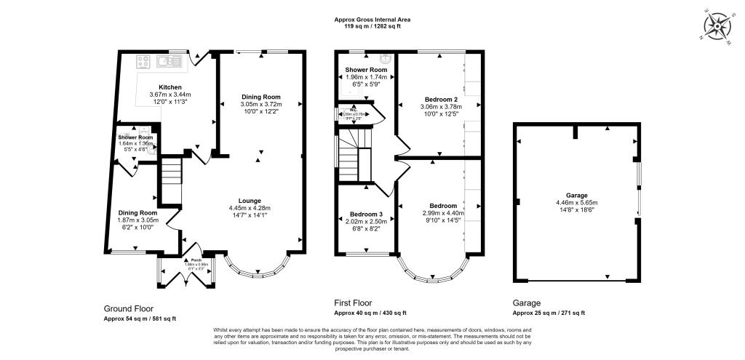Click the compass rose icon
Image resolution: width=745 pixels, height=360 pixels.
click(720, 26)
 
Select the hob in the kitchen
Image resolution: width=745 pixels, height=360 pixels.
click(144, 63)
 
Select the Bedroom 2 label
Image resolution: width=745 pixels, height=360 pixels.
click(441, 99)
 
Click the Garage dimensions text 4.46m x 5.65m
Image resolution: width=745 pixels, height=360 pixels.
click(577, 203)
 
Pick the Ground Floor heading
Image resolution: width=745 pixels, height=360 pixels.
click(129, 308)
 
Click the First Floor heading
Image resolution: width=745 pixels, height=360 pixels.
click(353, 303)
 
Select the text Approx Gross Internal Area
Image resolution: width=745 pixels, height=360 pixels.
click(372, 20)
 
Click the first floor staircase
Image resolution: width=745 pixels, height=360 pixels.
click(354, 153)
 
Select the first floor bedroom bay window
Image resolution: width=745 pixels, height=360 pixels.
click(434, 272)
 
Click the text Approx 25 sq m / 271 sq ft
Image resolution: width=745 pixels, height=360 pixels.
click(549, 313)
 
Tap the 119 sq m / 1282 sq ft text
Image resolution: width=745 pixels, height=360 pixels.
click(372, 26)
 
